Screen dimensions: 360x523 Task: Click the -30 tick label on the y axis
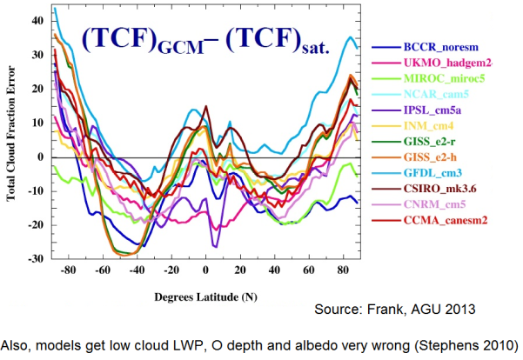[35, 258]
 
